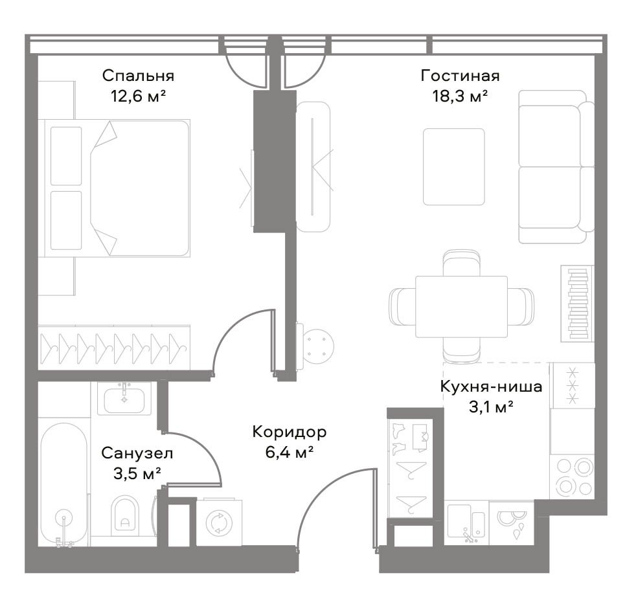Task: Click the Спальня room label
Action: click(x=138, y=76)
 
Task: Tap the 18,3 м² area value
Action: click(x=460, y=96)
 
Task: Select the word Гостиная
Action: click(x=460, y=76)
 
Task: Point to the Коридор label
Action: click(x=290, y=432)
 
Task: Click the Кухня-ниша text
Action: click(x=491, y=387)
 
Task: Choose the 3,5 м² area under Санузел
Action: click(x=137, y=473)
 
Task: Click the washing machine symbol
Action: click(x=219, y=522)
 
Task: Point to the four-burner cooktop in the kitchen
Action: click(x=572, y=477)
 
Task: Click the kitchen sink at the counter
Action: click(x=466, y=522)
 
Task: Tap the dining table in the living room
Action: click(x=461, y=307)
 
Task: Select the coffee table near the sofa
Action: click(x=453, y=167)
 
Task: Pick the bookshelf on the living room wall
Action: click(x=577, y=304)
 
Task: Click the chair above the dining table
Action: click(x=461, y=263)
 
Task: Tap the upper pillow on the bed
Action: click(x=66, y=156)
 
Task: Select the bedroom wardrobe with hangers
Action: click(x=114, y=348)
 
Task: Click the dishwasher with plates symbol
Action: click(x=512, y=522)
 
